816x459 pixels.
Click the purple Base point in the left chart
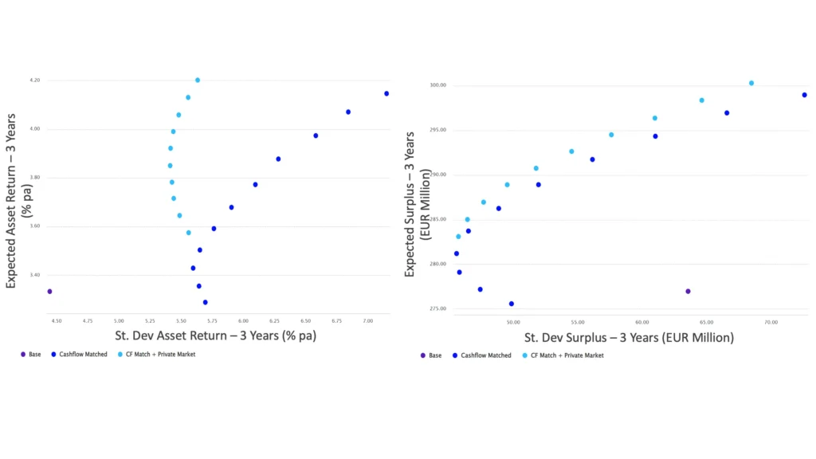[49, 292]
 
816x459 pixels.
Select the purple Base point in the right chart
[688, 292]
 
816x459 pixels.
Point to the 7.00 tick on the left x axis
[368, 321]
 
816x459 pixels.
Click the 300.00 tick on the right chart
[437, 85]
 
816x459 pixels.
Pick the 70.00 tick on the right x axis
[771, 323]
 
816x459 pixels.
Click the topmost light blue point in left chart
[198, 80]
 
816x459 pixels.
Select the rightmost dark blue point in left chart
[386, 94]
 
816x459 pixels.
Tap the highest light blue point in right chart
[751, 83]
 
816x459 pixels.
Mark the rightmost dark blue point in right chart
[805, 95]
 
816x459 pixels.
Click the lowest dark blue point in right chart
[512, 304]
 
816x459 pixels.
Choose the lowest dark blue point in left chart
[206, 303]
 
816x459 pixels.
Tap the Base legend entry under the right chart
[433, 355]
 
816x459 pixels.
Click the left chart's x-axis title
[215, 336]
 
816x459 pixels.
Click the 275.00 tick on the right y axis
[437, 308]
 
